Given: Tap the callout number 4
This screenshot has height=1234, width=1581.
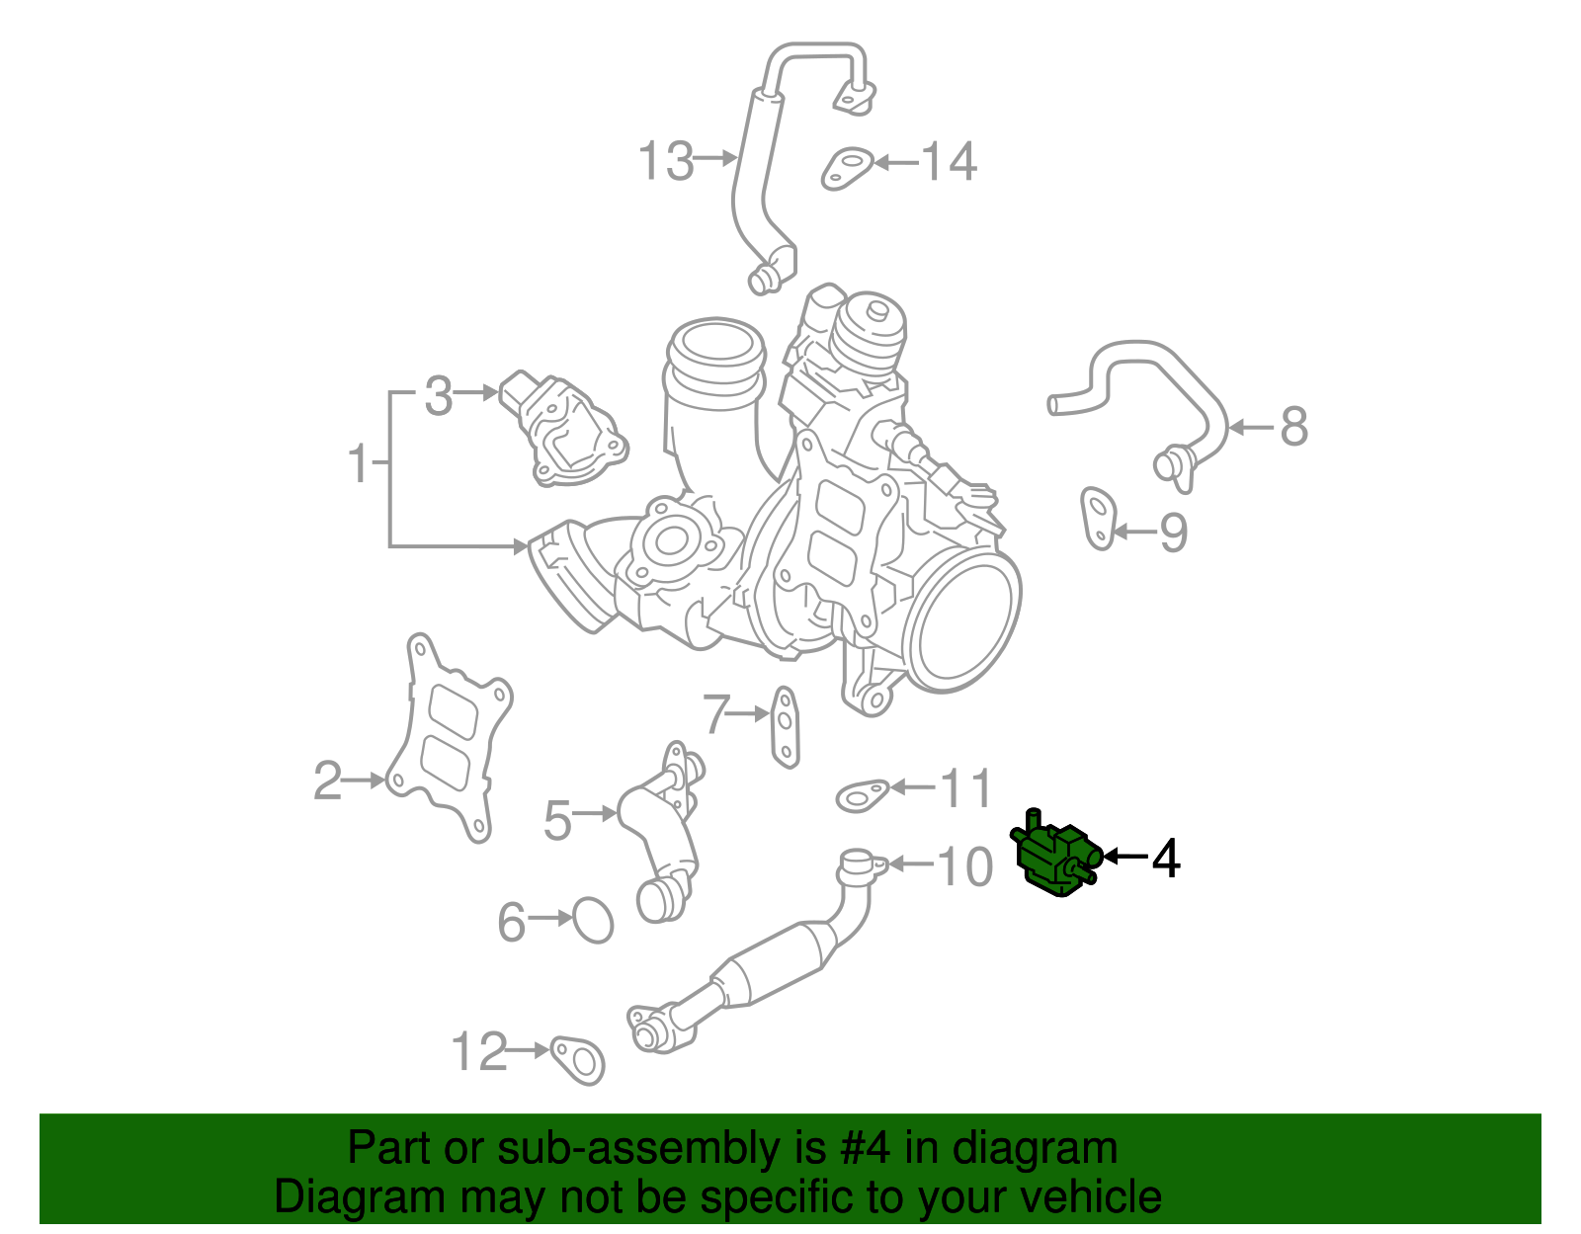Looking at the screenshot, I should tap(1166, 858).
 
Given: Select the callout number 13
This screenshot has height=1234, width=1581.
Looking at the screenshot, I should tap(665, 160).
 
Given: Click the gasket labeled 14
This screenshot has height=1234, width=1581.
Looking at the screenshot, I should tap(848, 168).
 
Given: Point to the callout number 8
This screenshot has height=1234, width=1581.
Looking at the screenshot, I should tap(1293, 427).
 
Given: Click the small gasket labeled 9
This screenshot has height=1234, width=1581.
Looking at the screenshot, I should tap(1098, 518).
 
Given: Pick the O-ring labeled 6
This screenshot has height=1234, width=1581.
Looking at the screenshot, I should tap(593, 920).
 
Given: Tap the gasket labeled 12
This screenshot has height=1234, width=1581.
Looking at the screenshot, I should tap(578, 1060).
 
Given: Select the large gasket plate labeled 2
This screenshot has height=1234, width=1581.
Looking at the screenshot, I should tap(449, 737).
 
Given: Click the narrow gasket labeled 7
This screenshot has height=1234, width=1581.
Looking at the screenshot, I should tap(785, 727).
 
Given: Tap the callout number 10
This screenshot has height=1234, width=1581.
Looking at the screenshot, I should tap(963, 866).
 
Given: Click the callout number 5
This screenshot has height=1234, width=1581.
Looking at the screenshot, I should tap(557, 819).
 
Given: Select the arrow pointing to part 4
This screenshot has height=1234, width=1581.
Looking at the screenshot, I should tap(1124, 857).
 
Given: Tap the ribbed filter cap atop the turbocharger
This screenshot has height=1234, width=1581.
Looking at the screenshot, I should tap(868, 329).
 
